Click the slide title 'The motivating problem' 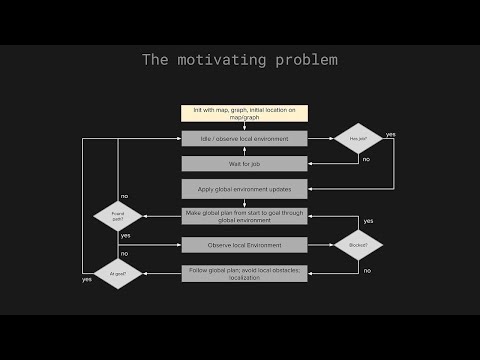point(240,60)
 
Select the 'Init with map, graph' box point(244,113)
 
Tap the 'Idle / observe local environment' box point(244,138)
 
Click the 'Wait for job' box point(244,163)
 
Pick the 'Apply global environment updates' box point(244,188)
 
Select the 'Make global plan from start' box point(244,215)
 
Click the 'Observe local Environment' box point(244,244)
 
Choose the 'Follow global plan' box point(244,272)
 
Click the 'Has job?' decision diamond point(357,138)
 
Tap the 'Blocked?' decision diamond point(357,245)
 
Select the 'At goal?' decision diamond point(118,273)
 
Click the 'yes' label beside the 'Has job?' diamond point(391,134)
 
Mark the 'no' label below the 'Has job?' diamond point(366,159)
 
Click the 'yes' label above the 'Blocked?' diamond point(368,221)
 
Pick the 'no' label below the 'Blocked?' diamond point(367,270)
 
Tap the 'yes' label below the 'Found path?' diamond point(125,235)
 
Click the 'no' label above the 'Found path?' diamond point(124,195)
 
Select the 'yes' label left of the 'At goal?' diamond point(87,279)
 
